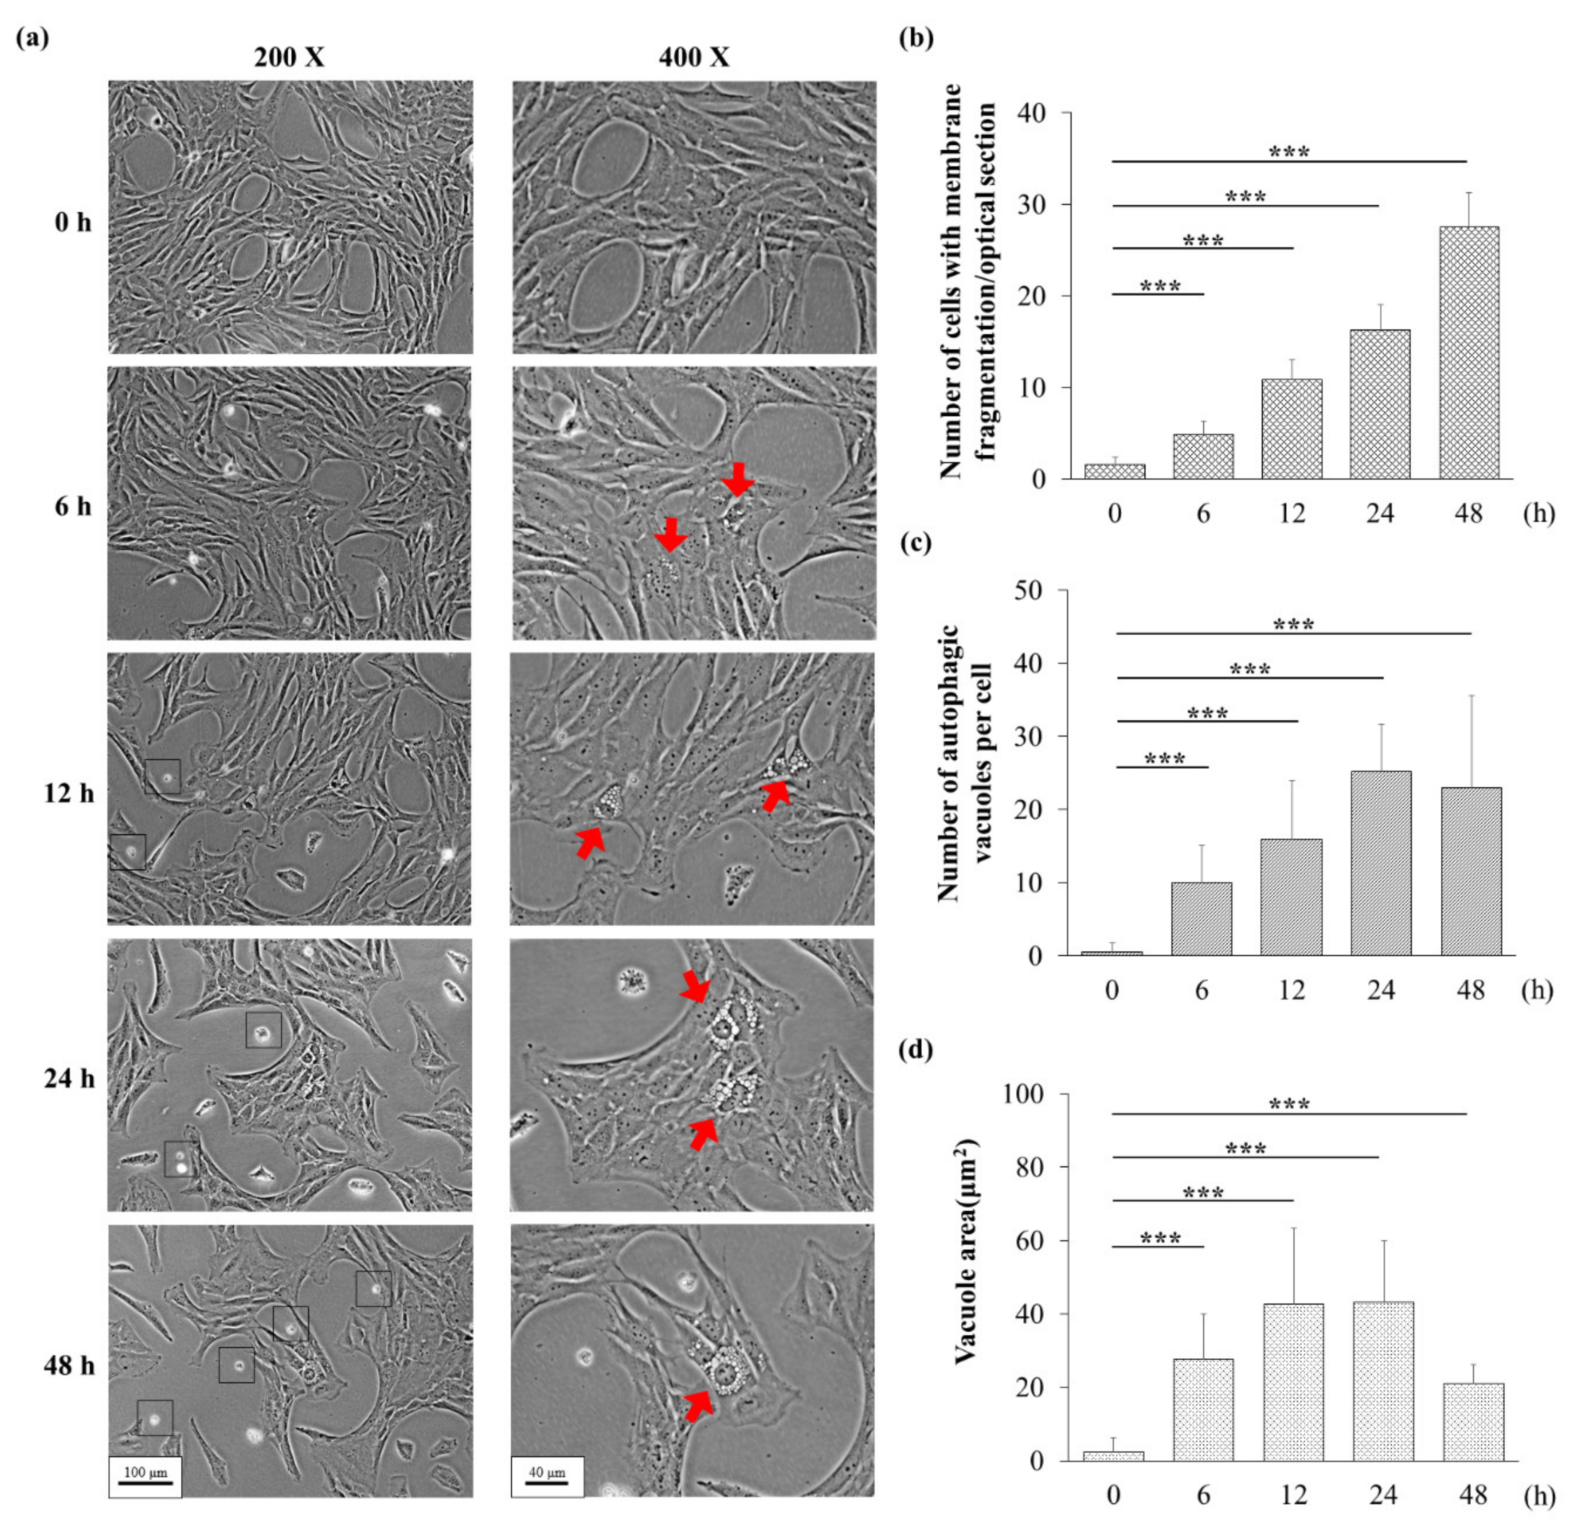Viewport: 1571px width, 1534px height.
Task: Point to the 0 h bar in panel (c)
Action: [x=1112, y=953]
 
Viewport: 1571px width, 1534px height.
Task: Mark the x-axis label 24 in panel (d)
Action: [x=1382, y=1495]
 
